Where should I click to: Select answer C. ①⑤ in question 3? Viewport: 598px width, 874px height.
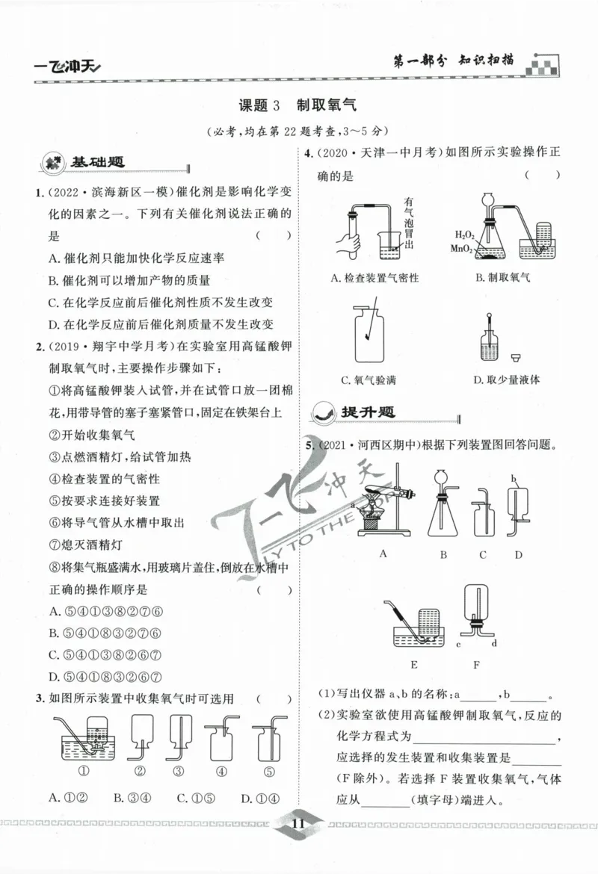click(x=193, y=798)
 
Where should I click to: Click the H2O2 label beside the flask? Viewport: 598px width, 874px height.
click(x=464, y=235)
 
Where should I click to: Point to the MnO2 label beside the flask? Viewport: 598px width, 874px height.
click(x=462, y=248)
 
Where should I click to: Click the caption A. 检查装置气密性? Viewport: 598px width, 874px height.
click(x=374, y=278)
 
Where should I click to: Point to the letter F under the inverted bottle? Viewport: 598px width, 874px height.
click(x=476, y=663)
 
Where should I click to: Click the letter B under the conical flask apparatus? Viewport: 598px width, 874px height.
click(x=443, y=554)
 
